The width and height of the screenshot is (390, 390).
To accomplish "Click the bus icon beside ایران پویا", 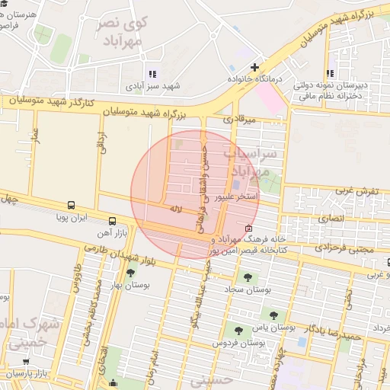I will [x=71, y=205].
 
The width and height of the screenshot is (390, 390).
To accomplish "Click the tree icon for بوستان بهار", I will [x=131, y=272].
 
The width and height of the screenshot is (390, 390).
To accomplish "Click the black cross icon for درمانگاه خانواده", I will [x=254, y=66].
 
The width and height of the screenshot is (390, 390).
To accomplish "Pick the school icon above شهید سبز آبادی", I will [x=152, y=74].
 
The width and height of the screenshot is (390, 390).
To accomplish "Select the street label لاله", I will [x=176, y=208].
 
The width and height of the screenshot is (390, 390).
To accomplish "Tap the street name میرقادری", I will [x=236, y=120].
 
